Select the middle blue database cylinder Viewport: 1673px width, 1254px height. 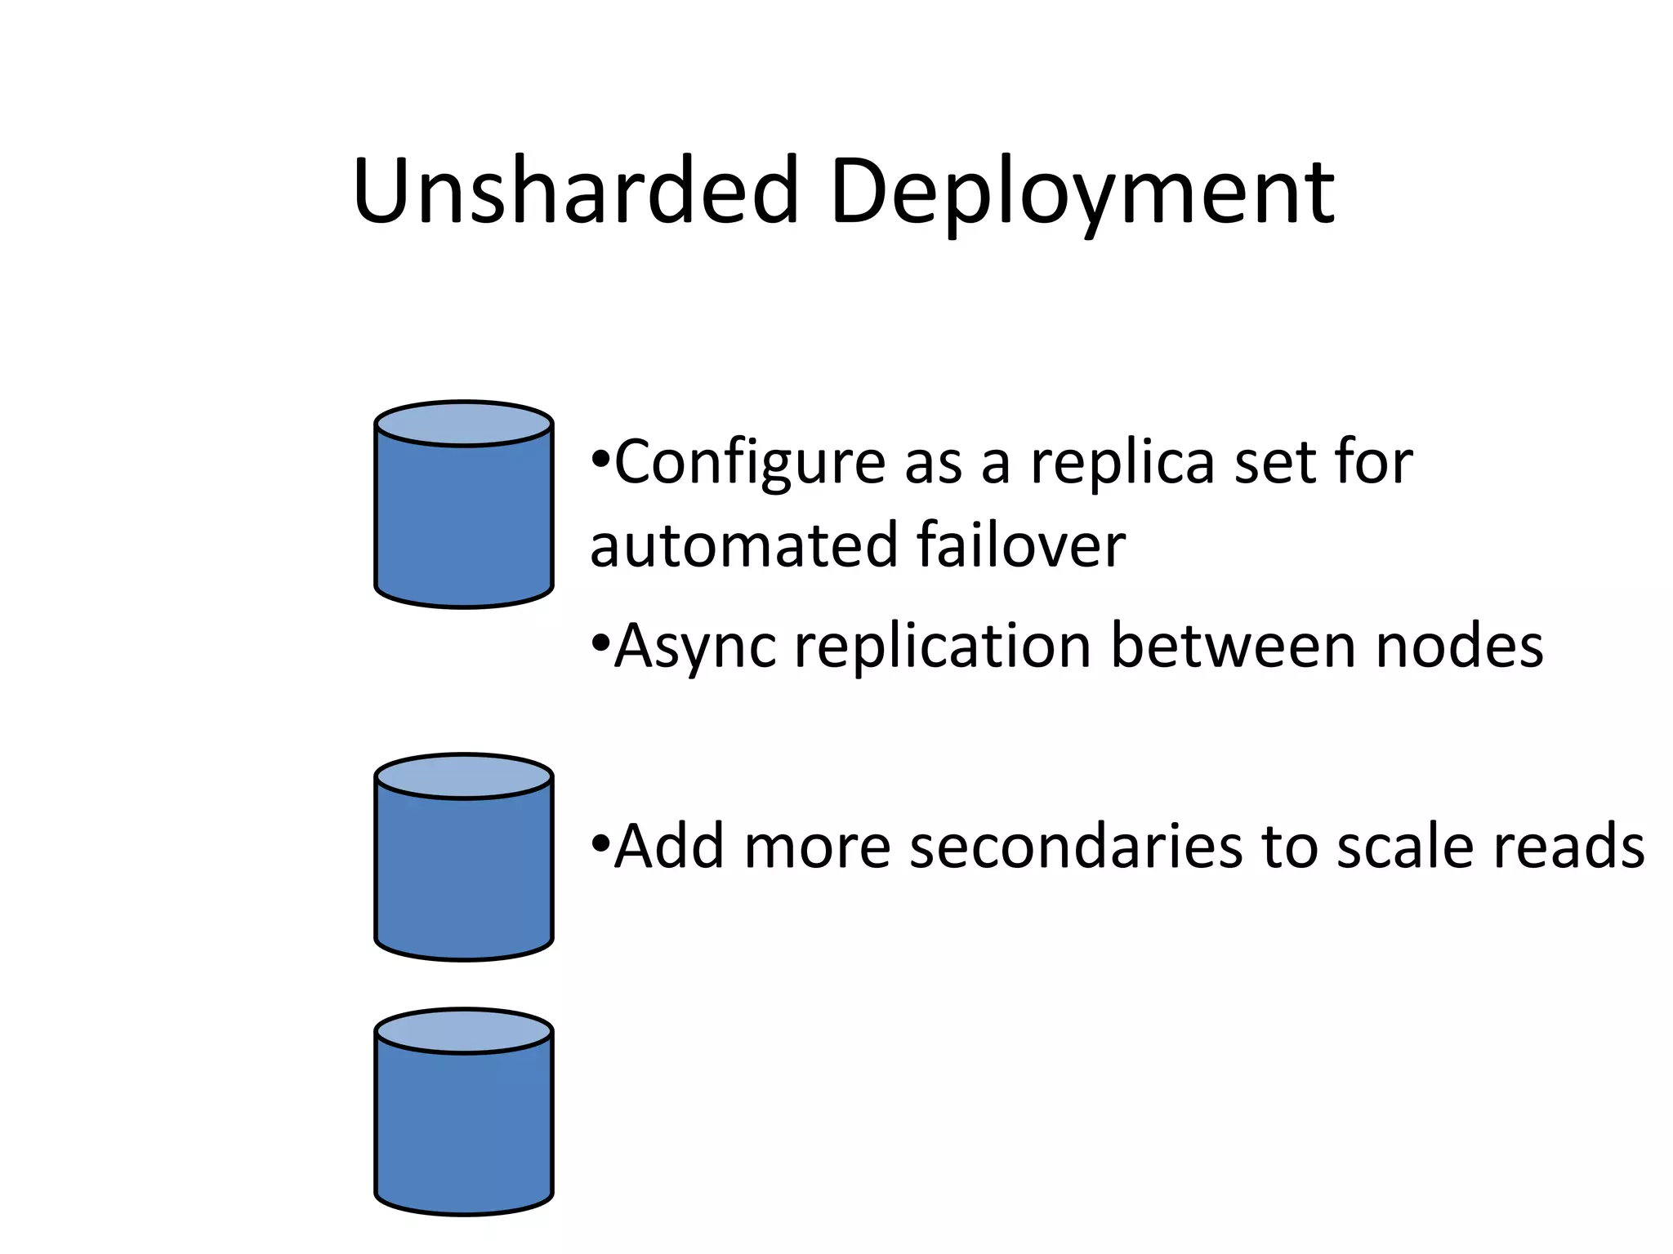[x=464, y=869]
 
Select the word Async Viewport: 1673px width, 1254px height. [x=694, y=647]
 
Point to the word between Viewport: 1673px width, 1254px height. [x=1233, y=646]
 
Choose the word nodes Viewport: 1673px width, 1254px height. [x=1459, y=647]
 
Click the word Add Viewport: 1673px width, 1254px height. [x=669, y=847]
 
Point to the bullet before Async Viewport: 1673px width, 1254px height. [x=600, y=642]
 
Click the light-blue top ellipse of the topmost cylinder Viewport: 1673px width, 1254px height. [x=464, y=424]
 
